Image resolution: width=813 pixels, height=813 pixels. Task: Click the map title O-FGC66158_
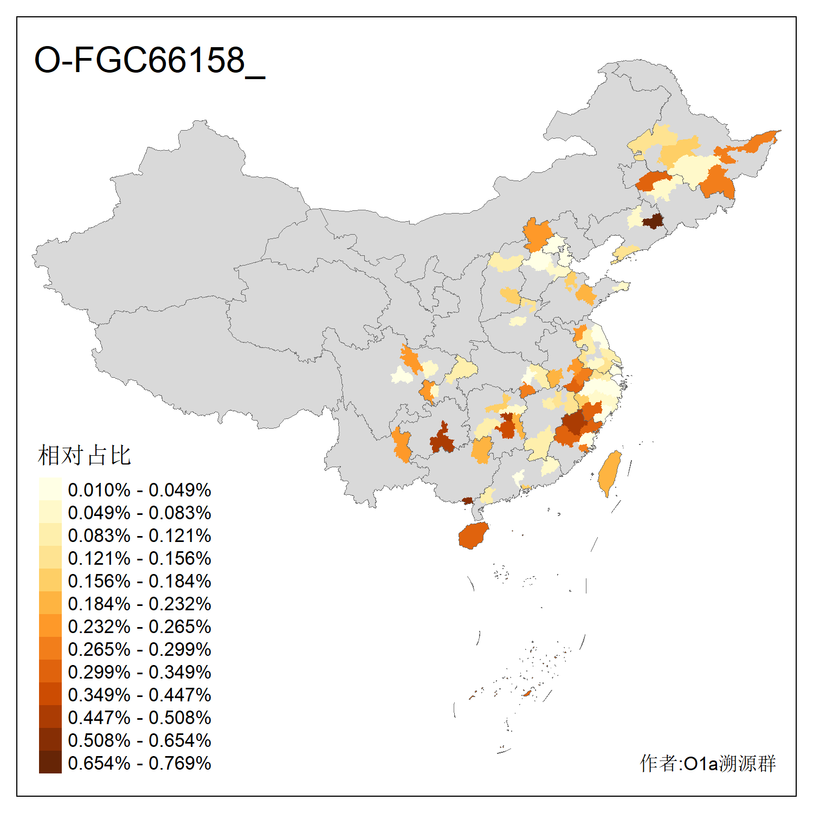click(150, 60)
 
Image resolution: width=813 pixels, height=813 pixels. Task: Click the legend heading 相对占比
click(85, 455)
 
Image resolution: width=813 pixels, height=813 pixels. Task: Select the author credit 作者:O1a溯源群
click(707, 763)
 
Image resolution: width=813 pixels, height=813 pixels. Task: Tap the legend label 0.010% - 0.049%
click(139, 490)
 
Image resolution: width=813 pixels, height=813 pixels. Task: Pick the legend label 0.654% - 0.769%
click(139, 763)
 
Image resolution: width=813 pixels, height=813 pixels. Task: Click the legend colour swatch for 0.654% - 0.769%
click(50, 763)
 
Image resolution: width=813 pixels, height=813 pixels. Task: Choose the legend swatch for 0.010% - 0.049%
click(50, 489)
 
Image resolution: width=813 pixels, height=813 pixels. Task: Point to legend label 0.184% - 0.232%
click(139, 604)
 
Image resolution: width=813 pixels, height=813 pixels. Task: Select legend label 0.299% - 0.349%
click(139, 672)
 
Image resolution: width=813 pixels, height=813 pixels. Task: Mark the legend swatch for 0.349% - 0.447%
click(50, 694)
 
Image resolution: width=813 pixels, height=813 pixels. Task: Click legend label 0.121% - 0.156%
click(139, 558)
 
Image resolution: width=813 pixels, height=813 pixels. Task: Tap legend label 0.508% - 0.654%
click(139, 740)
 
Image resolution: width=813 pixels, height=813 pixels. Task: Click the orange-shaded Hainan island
click(473, 535)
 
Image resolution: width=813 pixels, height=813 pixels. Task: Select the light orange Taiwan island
click(610, 473)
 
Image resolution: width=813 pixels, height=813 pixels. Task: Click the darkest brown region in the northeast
click(654, 221)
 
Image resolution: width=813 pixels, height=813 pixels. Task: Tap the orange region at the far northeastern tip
click(759, 141)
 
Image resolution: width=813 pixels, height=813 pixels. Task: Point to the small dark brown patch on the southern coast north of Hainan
click(467, 501)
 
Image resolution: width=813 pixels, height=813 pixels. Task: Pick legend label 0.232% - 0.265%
click(139, 627)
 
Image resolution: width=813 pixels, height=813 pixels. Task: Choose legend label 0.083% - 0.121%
click(139, 535)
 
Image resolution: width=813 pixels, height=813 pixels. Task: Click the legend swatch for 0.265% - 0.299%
click(50, 649)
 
